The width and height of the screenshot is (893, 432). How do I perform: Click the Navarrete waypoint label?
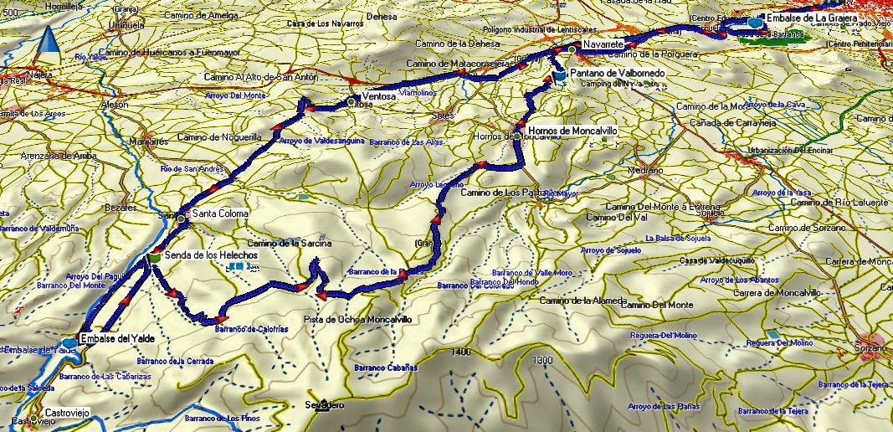tap(603, 42)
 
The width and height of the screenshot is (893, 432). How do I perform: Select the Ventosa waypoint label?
tap(380, 96)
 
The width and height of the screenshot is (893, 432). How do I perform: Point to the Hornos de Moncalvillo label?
tap(571, 131)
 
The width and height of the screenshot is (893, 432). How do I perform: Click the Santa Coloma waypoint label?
tap(220, 214)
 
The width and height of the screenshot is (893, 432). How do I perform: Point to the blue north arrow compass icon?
tap(49, 39)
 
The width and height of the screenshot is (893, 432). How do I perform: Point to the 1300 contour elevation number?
tap(542, 360)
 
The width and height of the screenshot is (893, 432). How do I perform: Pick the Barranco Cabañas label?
tap(385, 368)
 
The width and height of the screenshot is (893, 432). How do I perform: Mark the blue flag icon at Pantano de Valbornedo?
tap(559, 76)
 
